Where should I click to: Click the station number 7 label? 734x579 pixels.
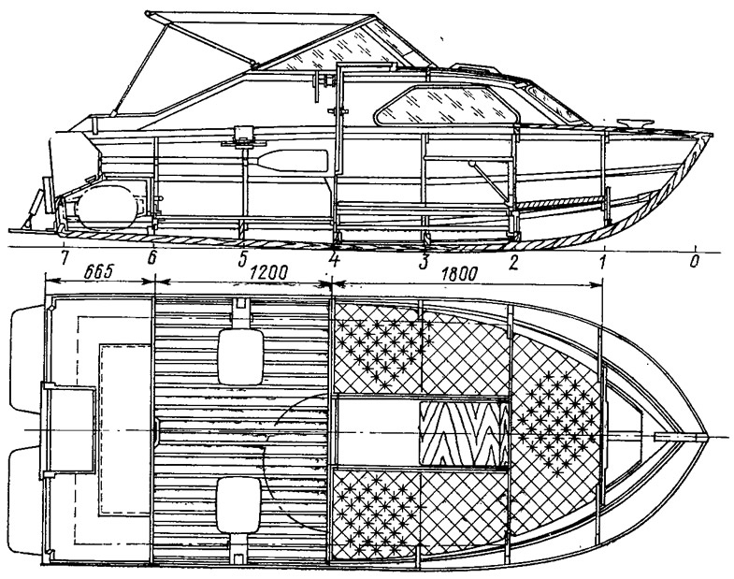click(x=65, y=258)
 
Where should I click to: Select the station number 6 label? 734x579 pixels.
click(x=151, y=258)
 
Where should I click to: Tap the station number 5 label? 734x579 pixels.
click(x=242, y=259)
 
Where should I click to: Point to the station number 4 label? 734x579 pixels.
click(x=333, y=259)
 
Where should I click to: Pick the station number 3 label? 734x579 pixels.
click(x=424, y=262)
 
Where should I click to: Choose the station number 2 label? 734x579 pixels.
click(x=513, y=262)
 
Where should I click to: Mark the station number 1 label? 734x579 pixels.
click(x=603, y=262)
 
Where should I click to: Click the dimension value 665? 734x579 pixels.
click(x=100, y=272)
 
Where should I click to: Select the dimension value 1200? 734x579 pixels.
click(x=269, y=272)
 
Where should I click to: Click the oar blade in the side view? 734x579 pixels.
click(x=292, y=161)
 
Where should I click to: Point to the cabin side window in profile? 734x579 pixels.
click(x=447, y=105)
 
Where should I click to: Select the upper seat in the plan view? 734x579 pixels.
click(x=240, y=356)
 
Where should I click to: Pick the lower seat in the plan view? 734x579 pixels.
click(x=238, y=505)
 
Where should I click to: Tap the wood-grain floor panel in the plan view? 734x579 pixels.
click(x=463, y=434)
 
